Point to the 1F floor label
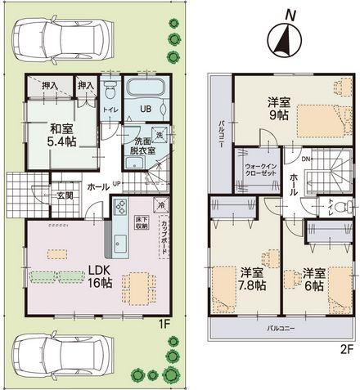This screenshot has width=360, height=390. pyautogui.click(x=164, y=324)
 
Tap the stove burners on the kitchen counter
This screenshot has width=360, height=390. pyautogui.click(x=119, y=207)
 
